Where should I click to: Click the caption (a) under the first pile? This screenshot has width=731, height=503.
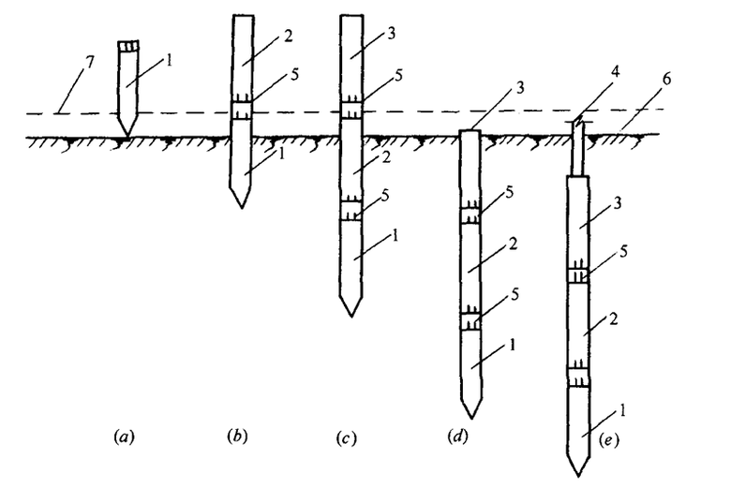click(123, 436)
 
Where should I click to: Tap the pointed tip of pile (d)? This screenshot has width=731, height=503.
click(471, 416)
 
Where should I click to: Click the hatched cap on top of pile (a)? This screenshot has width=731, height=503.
click(127, 46)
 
